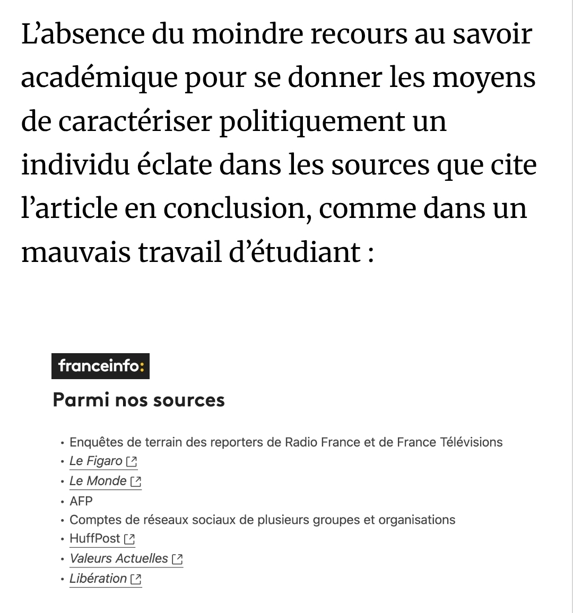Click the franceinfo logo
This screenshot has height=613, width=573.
pyautogui.click(x=100, y=366)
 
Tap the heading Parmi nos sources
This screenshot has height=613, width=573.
pyautogui.click(x=138, y=400)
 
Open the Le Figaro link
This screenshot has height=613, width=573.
pyautogui.click(x=96, y=461)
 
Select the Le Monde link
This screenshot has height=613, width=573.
pyautogui.click(x=98, y=481)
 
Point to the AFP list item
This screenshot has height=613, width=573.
pyautogui.click(x=81, y=501)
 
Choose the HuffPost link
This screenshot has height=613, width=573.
pyautogui.click(x=95, y=539)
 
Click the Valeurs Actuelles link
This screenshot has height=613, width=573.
pyautogui.click(x=119, y=558)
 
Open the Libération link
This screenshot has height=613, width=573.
pyautogui.click(x=98, y=579)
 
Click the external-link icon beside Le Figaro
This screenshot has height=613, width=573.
pyautogui.click(x=132, y=462)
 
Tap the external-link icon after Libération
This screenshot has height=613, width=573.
pyautogui.click(x=136, y=579)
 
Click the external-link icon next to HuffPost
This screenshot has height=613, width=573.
pyautogui.click(x=129, y=539)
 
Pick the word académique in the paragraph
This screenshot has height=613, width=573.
pyautogui.click(x=99, y=78)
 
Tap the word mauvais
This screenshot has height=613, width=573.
pyautogui.click(x=76, y=252)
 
